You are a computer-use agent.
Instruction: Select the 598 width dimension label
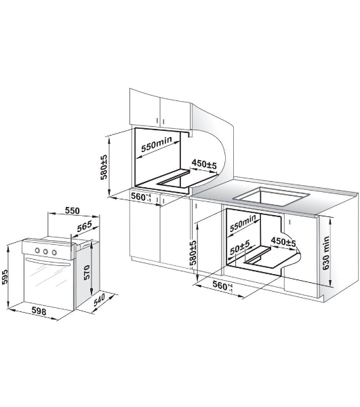click(39, 311)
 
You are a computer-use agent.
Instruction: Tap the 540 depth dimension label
click(99, 300)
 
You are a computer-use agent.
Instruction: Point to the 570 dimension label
click(87, 272)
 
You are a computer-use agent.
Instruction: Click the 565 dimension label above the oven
click(85, 226)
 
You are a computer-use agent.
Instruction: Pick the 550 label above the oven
click(72, 210)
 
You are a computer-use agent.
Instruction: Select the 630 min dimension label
click(326, 252)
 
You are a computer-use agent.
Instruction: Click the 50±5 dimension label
click(240, 247)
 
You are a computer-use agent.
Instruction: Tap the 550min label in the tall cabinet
click(157, 144)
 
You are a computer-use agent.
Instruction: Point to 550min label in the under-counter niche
click(243, 223)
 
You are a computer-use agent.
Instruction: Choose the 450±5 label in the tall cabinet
click(204, 164)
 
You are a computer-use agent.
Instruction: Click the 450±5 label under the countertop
click(283, 242)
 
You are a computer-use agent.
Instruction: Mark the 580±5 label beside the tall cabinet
click(104, 168)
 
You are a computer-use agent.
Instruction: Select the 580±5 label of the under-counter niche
click(193, 252)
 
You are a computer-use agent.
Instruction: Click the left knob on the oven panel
click(37, 250)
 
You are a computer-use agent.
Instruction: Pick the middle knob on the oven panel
click(45, 251)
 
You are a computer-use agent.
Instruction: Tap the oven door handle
click(47, 263)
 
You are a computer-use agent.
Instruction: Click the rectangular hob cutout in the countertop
click(271, 196)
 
